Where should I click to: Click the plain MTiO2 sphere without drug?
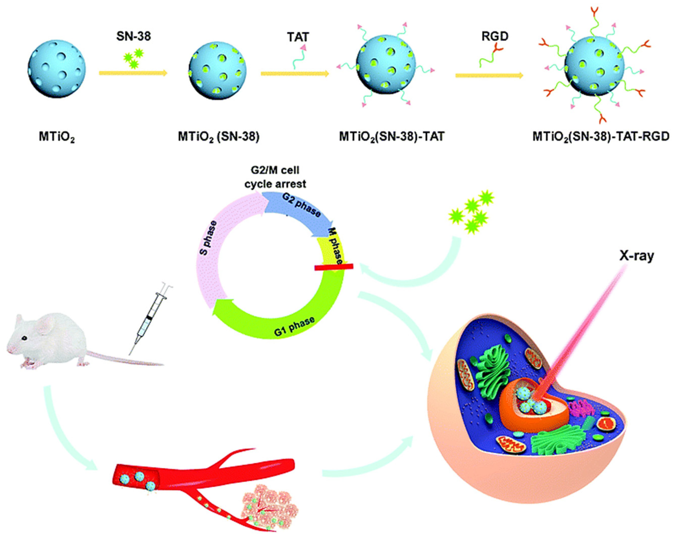pyautogui.click(x=57, y=68)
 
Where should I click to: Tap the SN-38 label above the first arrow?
pyautogui.click(x=133, y=36)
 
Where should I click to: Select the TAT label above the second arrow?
pyautogui.click(x=298, y=37)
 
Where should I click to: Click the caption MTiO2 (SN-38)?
pyautogui.click(x=219, y=137)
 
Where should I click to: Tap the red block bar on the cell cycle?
pyautogui.click(x=334, y=267)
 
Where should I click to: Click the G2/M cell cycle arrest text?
pyautogui.click(x=275, y=177)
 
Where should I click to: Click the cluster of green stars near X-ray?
pyautogui.click(x=472, y=212)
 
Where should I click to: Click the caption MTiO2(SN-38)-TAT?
pyautogui.click(x=392, y=137)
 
